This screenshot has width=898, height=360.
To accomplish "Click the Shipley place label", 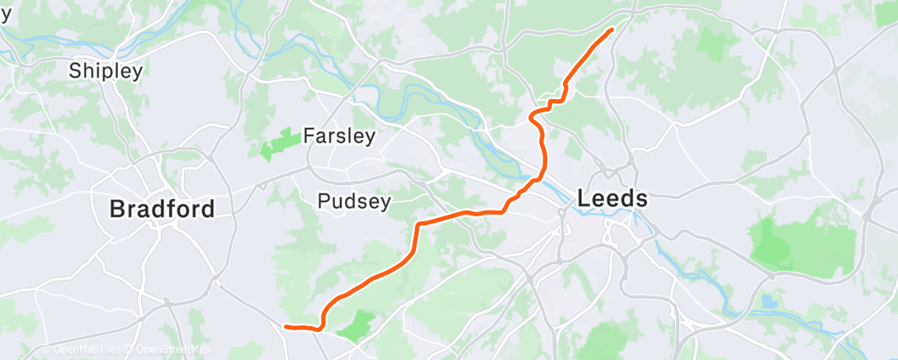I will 106,71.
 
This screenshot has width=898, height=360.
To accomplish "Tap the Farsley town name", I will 339,135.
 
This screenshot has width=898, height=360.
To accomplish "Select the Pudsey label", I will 355,201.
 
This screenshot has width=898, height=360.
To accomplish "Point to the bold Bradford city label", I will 162,210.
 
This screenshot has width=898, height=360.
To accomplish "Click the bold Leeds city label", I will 612,199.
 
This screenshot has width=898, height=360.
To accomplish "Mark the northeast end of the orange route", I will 612,30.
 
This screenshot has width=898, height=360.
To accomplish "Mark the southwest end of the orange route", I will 286,326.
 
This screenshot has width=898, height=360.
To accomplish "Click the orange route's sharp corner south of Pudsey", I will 419,225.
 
